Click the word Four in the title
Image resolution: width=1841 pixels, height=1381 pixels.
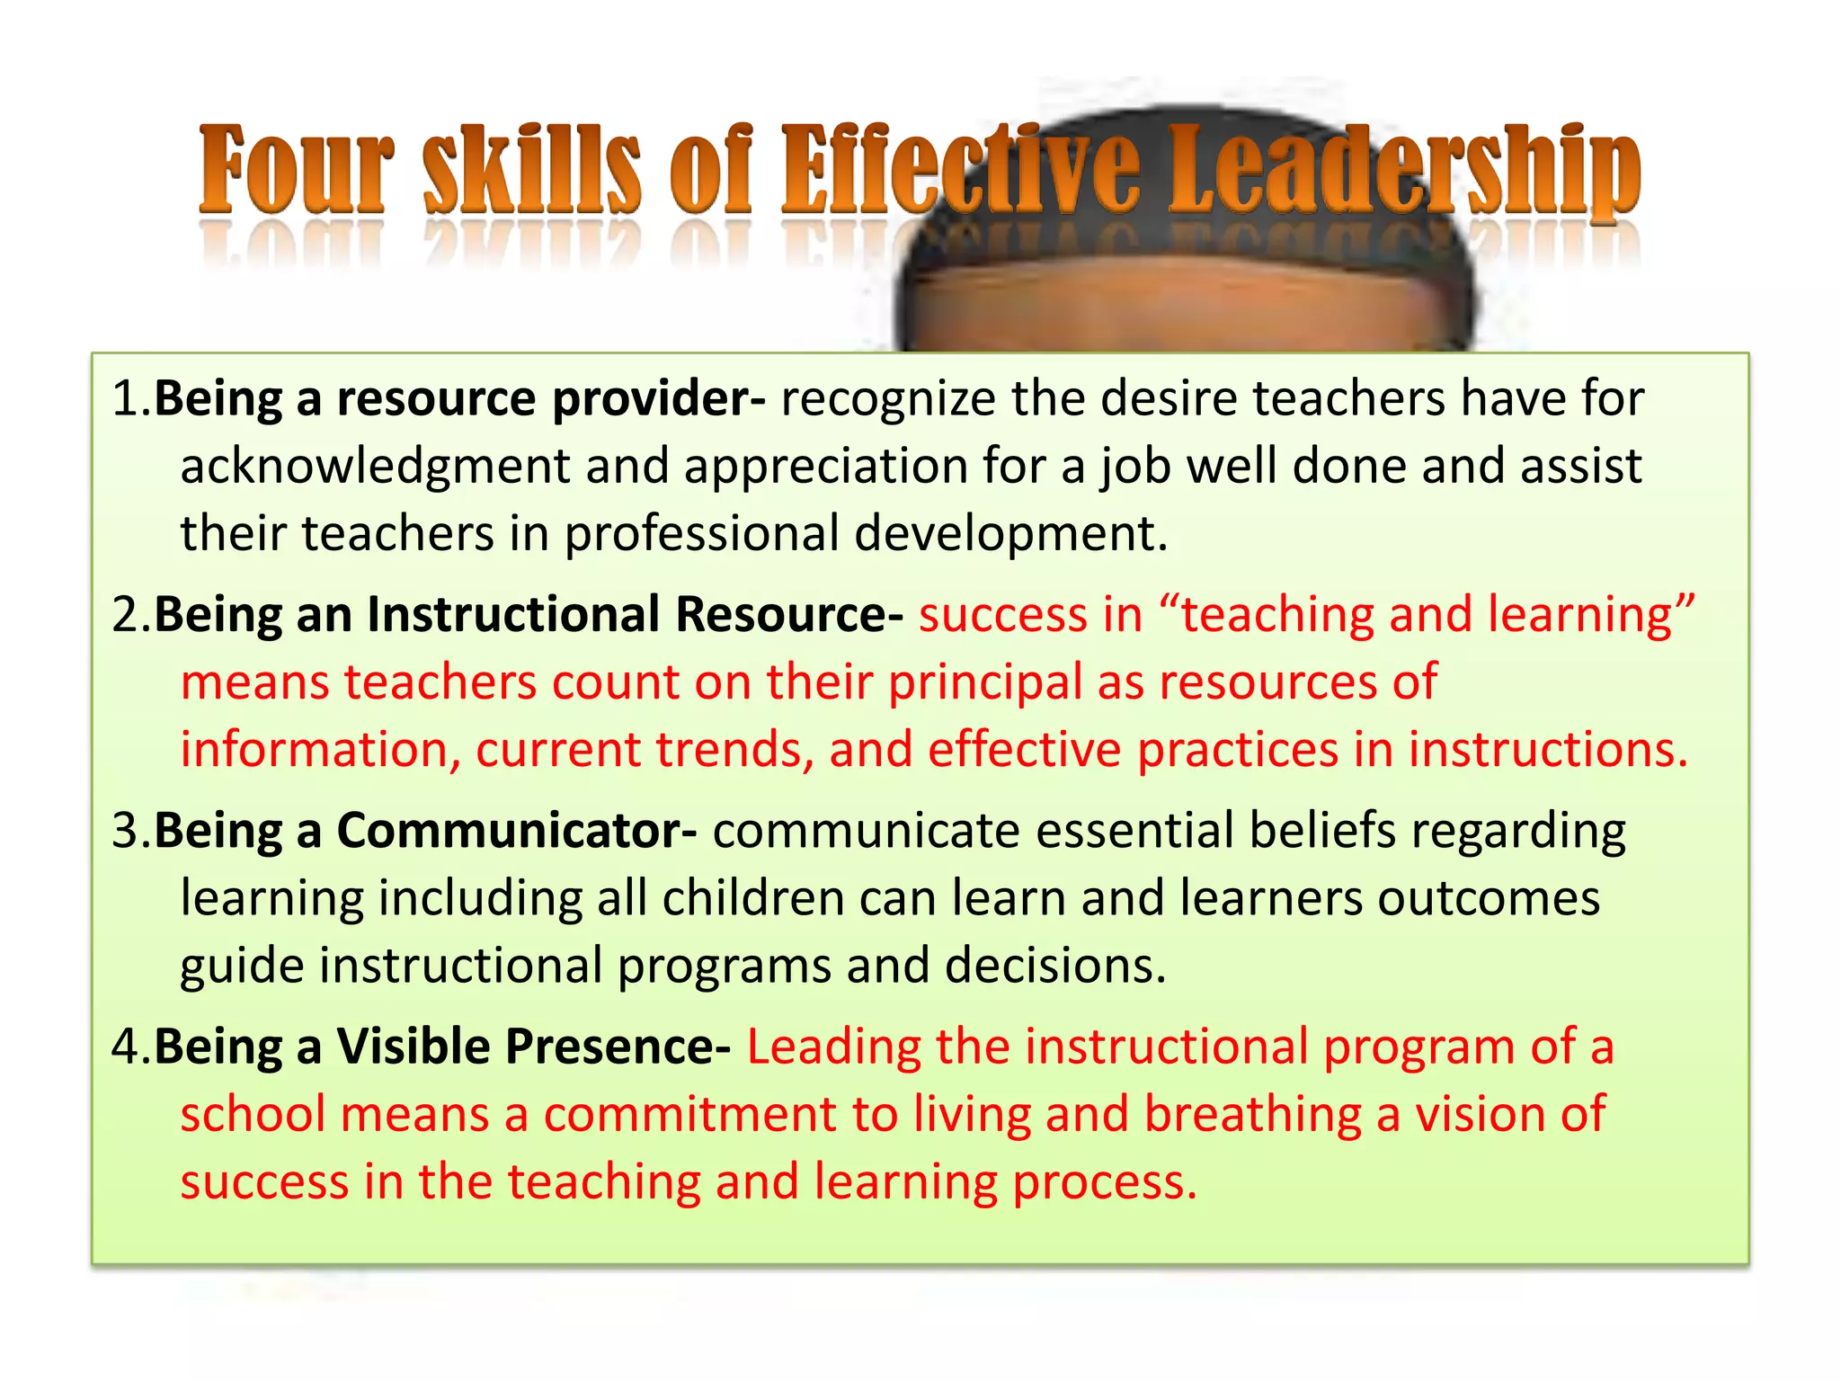point(295,171)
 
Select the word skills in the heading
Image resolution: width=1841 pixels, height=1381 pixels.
point(532,171)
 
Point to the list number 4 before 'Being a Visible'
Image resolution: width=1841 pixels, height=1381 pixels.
point(126,1047)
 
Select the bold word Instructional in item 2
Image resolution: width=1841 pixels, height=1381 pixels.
point(513,615)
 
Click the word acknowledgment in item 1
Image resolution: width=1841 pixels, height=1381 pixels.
point(376,467)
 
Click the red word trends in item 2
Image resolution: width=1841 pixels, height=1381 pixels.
point(735,750)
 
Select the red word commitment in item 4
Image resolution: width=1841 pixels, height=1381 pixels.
point(689,1115)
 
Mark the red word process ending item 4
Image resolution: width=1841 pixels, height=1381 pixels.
point(1105,1182)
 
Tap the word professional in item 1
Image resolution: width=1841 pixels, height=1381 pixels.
point(702,534)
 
